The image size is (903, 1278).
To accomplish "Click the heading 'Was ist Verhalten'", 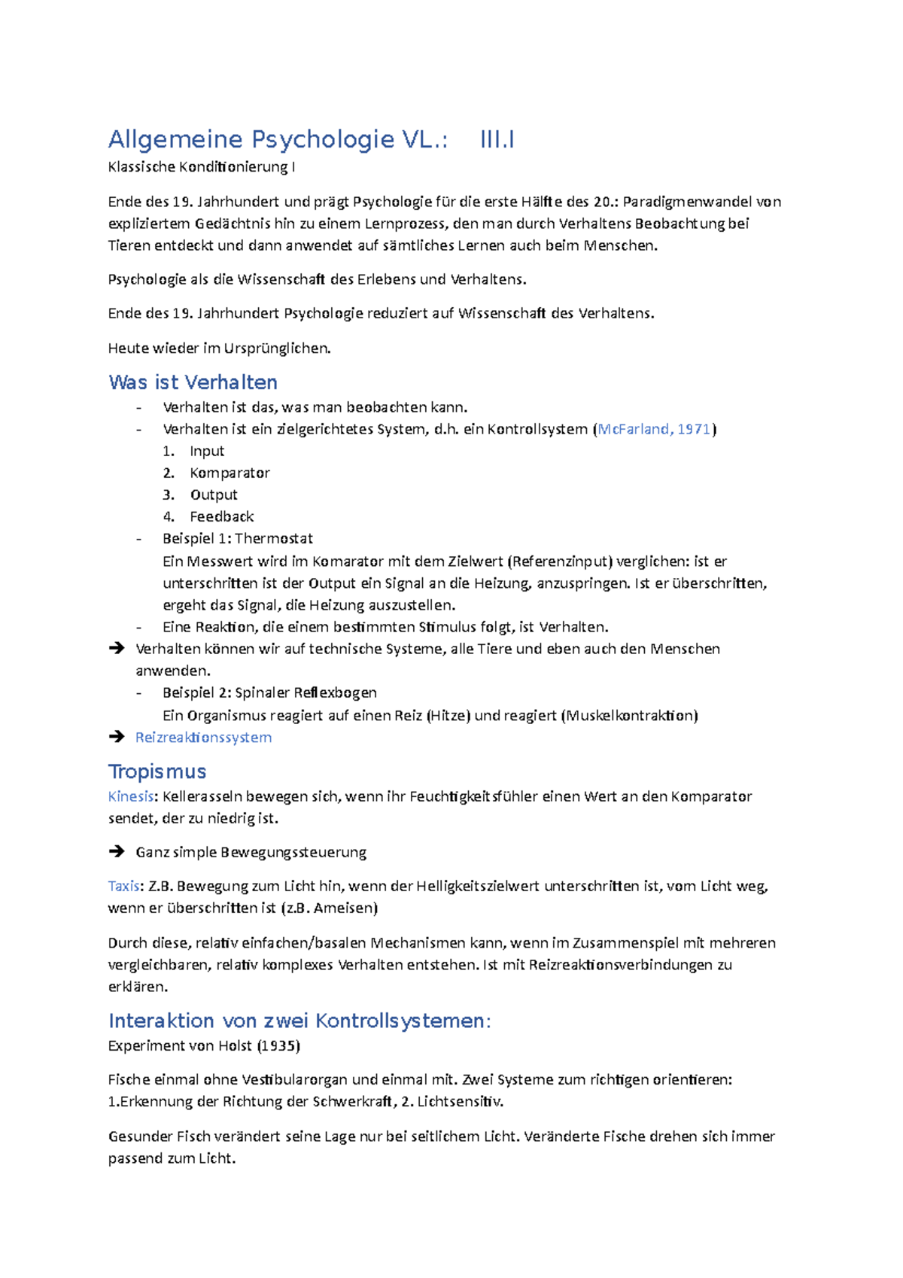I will click(x=193, y=382).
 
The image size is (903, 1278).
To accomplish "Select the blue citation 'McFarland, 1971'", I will click(x=653, y=429).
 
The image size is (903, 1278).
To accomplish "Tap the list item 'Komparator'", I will click(x=230, y=473).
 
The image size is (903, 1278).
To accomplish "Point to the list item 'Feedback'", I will click(x=221, y=516).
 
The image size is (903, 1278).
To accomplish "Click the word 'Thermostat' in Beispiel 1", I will click(x=274, y=538).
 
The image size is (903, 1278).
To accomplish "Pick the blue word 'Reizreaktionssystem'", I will click(x=203, y=737).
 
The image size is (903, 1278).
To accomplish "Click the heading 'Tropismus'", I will click(x=157, y=771).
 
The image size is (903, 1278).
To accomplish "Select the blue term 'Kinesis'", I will click(x=130, y=796).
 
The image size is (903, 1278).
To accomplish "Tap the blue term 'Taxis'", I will click(x=123, y=886).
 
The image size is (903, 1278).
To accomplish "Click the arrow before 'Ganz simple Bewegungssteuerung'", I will click(x=116, y=851).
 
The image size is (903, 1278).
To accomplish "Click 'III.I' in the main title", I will click(x=497, y=139).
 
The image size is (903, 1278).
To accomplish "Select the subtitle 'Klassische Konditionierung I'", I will click(x=201, y=166).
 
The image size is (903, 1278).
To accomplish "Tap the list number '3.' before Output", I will click(x=169, y=494).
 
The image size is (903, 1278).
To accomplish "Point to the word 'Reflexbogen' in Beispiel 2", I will click(x=335, y=692).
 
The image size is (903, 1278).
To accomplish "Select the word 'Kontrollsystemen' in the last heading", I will click(x=402, y=1021).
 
